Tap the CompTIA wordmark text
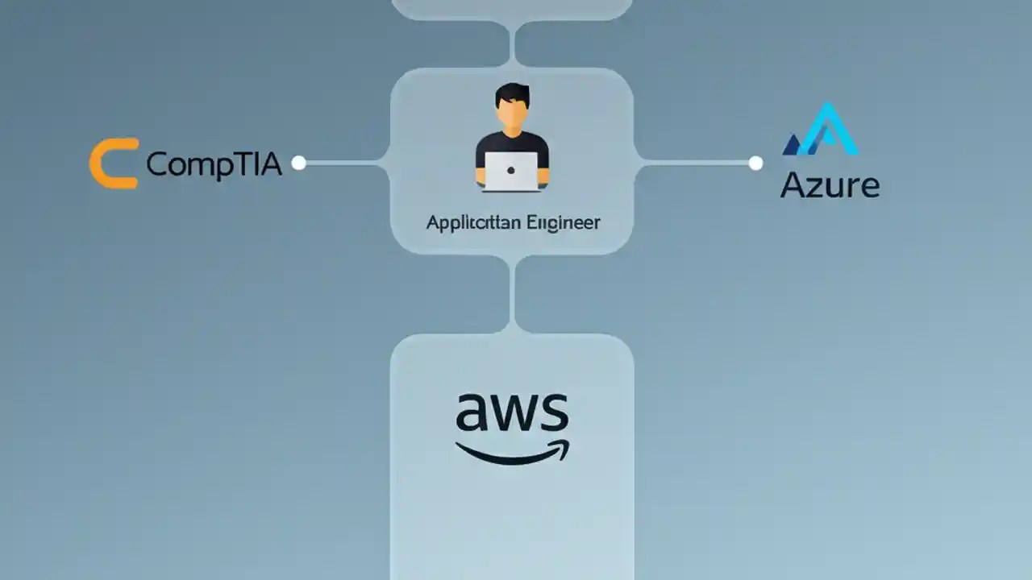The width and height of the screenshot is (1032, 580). coord(214,164)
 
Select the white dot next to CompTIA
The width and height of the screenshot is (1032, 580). coord(298,164)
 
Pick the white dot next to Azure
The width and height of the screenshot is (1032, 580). coord(755,164)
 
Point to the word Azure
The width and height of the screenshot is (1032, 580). coord(830,185)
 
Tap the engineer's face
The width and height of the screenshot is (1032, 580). coord(512,117)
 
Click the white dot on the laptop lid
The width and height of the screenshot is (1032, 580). coord(512,170)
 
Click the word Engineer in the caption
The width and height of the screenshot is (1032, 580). coord(563,222)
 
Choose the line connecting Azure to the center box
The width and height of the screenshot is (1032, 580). coord(697,164)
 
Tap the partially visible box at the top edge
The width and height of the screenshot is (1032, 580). coord(512,8)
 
